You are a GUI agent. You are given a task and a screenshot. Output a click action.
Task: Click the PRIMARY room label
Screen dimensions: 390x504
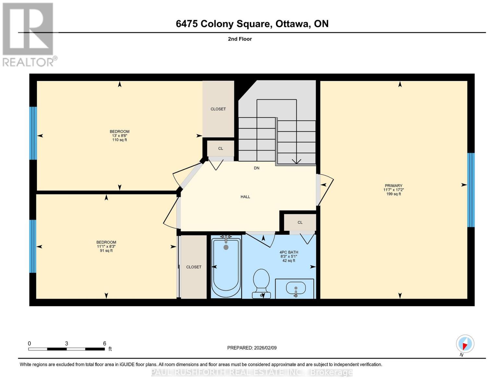[x=393, y=186]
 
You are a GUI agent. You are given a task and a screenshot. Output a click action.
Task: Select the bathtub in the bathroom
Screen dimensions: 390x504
[x=226, y=267]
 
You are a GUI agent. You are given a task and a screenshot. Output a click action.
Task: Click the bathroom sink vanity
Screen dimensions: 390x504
[x=295, y=288]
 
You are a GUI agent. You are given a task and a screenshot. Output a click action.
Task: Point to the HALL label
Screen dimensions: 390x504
[x=245, y=197]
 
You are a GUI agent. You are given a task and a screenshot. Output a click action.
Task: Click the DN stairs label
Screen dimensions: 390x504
[x=257, y=168]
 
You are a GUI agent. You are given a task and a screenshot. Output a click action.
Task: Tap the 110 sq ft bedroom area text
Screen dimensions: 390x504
[x=119, y=140]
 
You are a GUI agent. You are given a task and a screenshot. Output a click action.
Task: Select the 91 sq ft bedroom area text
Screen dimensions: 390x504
[x=106, y=251]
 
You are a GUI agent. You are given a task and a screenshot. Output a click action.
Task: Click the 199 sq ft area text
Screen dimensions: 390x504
[x=393, y=194]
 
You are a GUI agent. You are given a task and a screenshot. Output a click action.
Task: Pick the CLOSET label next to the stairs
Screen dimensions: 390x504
[x=218, y=109]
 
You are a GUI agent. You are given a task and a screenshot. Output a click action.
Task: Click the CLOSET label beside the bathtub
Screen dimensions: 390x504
[x=194, y=267]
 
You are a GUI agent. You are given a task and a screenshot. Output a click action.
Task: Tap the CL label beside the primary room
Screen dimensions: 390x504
[x=300, y=222]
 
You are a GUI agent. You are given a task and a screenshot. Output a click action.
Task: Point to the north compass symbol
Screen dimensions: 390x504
[x=465, y=344]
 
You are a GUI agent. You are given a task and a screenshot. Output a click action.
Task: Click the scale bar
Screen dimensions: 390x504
[x=67, y=349]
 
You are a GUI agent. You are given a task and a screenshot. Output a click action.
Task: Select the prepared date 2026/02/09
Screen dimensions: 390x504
[x=252, y=348]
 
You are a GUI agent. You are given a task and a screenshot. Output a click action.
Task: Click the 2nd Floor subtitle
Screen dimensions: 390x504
[x=240, y=39]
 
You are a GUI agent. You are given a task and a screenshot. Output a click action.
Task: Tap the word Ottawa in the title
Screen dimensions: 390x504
[x=292, y=24]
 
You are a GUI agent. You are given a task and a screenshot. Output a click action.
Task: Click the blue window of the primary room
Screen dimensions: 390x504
[x=471, y=190]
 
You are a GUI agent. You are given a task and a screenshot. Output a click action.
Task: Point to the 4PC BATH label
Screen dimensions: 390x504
[x=289, y=252]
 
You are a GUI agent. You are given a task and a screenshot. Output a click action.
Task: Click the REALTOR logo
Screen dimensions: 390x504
[x=28, y=34]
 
